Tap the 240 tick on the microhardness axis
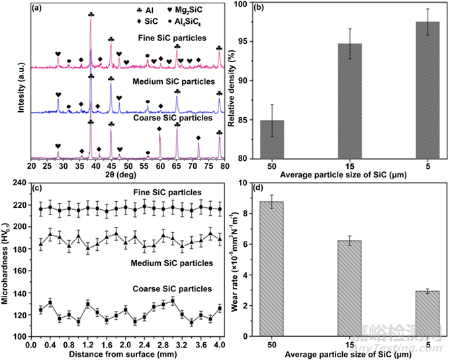pos(17,183)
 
